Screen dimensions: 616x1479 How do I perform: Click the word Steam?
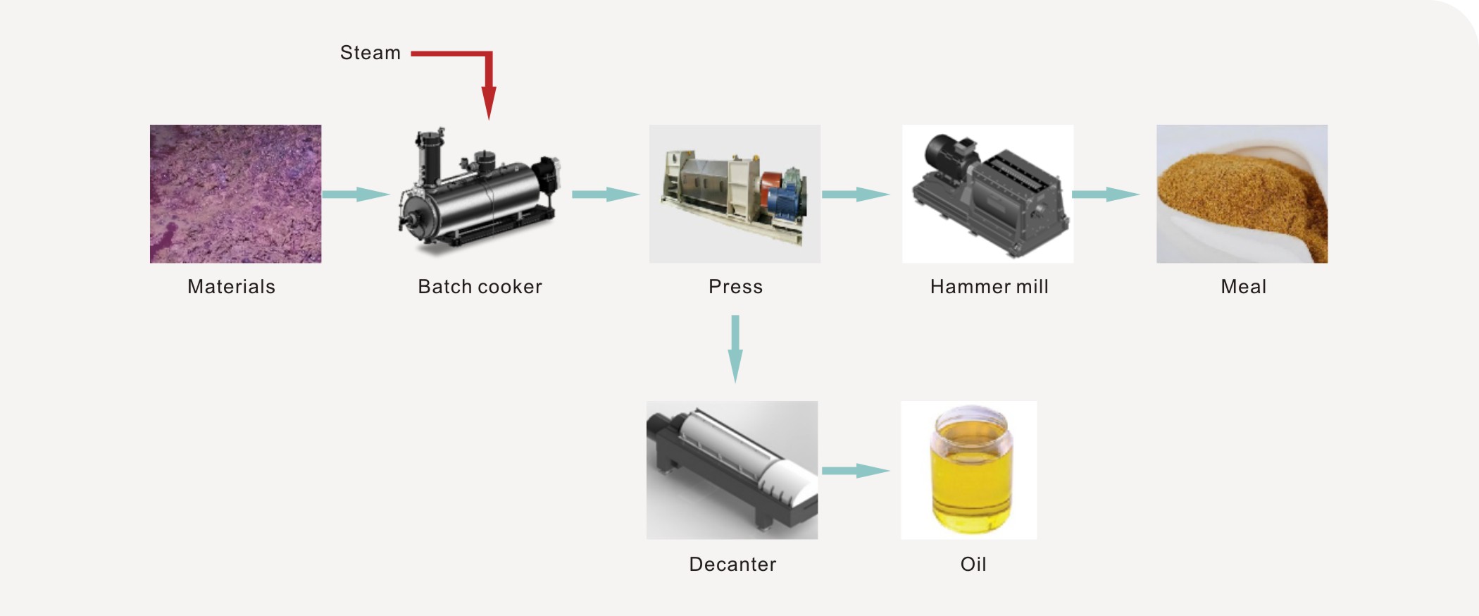coord(370,53)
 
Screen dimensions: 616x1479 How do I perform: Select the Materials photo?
coord(235,194)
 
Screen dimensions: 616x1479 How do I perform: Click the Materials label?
coord(231,287)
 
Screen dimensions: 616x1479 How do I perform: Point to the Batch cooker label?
coord(480,287)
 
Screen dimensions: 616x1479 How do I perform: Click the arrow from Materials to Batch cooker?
coord(356,194)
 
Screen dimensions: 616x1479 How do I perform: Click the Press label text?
coord(735,287)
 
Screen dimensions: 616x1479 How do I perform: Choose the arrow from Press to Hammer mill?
coord(856,194)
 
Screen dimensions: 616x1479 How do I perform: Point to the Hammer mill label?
coord(989,287)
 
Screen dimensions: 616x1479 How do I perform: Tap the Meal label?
coord(1243,287)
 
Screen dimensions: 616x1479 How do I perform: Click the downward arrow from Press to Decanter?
coord(735,349)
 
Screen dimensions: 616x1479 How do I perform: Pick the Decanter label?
coord(732,565)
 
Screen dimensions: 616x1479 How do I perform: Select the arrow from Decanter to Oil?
coord(856,471)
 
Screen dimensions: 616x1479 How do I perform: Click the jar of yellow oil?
coord(971,469)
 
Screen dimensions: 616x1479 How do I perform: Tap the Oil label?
coord(973,565)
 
